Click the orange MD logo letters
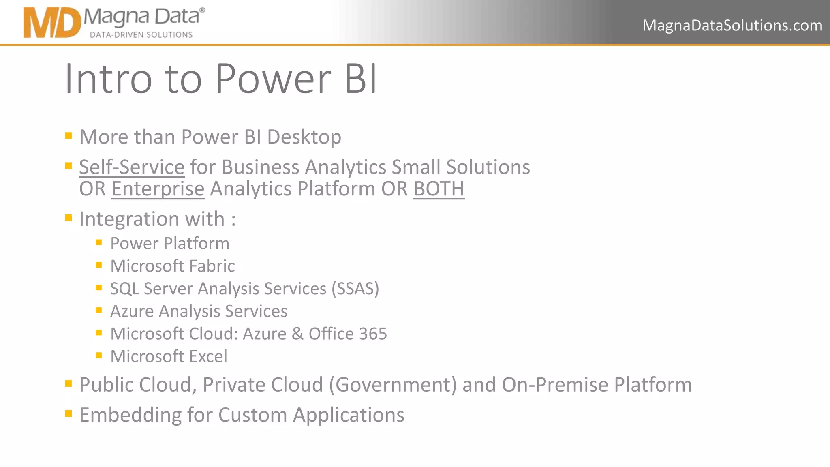coord(52,24)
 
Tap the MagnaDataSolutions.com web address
coord(732,26)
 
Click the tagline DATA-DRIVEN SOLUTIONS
coord(141,35)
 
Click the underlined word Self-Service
coord(132,167)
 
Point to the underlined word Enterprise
coord(158,189)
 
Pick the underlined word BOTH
coord(439,189)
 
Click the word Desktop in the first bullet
coord(304,137)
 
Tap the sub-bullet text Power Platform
coord(170,244)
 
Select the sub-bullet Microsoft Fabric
coord(172,266)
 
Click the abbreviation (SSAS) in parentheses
coord(355,289)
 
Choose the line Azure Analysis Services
coord(199,311)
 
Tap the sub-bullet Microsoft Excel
coord(169,357)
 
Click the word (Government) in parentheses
coord(393,385)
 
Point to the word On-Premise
coord(555,385)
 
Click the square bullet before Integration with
coord(68,218)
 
